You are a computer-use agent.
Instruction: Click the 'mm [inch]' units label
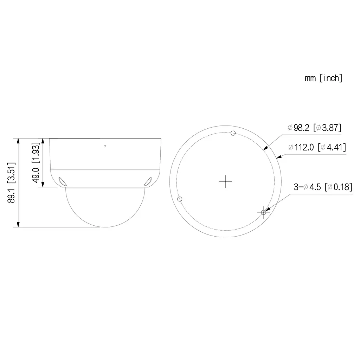[323, 78]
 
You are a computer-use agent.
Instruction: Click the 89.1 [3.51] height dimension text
[12, 183]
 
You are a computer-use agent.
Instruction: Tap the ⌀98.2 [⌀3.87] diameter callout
[314, 128]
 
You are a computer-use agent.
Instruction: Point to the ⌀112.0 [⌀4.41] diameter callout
[317, 147]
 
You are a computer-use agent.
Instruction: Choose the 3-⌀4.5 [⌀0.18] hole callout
[323, 187]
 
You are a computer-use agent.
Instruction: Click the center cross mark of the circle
[225, 181]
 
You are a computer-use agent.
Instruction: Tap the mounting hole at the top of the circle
[232, 133]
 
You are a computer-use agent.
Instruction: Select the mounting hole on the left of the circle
[180, 199]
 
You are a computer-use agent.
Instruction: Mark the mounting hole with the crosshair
[264, 212]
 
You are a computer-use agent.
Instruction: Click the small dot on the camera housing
[105, 145]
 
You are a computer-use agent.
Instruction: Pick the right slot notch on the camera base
[148, 181]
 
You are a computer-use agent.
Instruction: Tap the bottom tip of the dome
[105, 227]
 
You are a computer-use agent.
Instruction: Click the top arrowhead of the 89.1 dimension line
[19, 141]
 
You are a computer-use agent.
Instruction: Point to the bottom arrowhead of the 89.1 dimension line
[19, 224]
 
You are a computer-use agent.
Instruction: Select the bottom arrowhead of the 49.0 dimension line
[43, 185]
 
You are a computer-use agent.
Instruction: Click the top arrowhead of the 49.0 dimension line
[43, 141]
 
